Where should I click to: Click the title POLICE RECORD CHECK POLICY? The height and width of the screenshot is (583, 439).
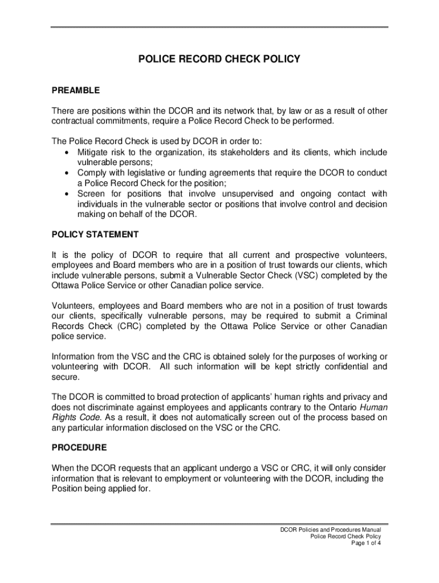pos(219,59)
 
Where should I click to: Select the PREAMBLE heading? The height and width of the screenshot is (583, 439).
pos(76,90)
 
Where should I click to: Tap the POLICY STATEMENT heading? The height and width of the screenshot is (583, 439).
pos(95,234)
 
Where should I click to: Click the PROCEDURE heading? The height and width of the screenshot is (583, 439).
pos(79,447)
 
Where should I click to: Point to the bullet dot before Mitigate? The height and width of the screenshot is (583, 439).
pos(68,152)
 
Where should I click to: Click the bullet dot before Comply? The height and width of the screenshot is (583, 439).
pos(68,173)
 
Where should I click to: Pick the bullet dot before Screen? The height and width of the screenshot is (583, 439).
pos(68,194)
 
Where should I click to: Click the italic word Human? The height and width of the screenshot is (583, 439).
pos(375,407)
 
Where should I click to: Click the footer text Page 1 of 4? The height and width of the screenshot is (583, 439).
pos(366,543)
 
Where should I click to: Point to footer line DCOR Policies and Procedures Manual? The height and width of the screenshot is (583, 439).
pos(330,529)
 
